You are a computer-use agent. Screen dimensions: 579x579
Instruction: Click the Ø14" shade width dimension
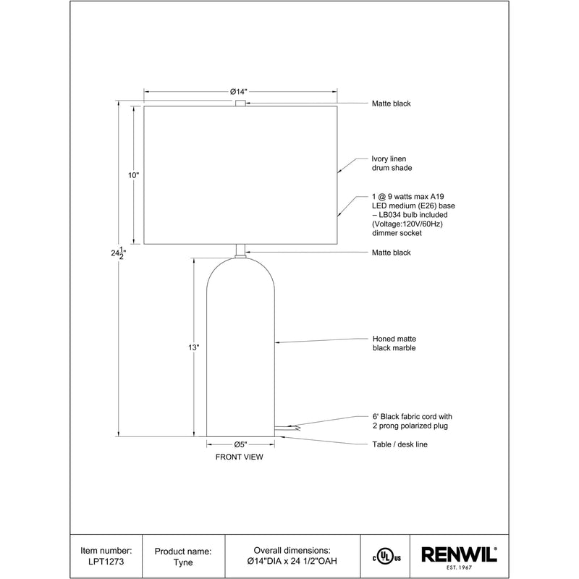pyautogui.click(x=240, y=91)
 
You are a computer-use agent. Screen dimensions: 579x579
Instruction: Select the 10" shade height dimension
pyautogui.click(x=132, y=175)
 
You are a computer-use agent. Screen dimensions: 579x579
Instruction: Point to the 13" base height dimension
pyautogui.click(x=193, y=347)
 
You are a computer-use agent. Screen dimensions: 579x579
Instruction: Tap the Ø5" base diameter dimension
pyautogui.click(x=240, y=444)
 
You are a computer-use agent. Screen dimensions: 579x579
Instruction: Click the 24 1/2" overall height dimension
pyautogui.click(x=117, y=254)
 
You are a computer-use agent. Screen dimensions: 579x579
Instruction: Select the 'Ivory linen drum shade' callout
pyautogui.click(x=392, y=163)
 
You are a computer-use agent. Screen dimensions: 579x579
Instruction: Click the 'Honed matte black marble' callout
pyautogui.click(x=394, y=343)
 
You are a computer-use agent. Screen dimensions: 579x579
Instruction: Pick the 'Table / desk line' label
pyautogui.click(x=400, y=444)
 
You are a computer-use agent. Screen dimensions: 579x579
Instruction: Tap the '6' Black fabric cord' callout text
pyautogui.click(x=411, y=417)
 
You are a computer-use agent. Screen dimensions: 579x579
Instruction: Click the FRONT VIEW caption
pyautogui.click(x=240, y=457)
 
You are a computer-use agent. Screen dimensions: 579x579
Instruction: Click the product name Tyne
pyautogui.click(x=184, y=562)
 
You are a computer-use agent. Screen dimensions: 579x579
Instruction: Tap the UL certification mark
pyautogui.click(x=386, y=557)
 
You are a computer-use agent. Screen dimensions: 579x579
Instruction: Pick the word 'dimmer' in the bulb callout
pyautogui.click(x=386, y=234)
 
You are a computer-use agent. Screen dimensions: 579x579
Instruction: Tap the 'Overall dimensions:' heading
pyautogui.click(x=292, y=550)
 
